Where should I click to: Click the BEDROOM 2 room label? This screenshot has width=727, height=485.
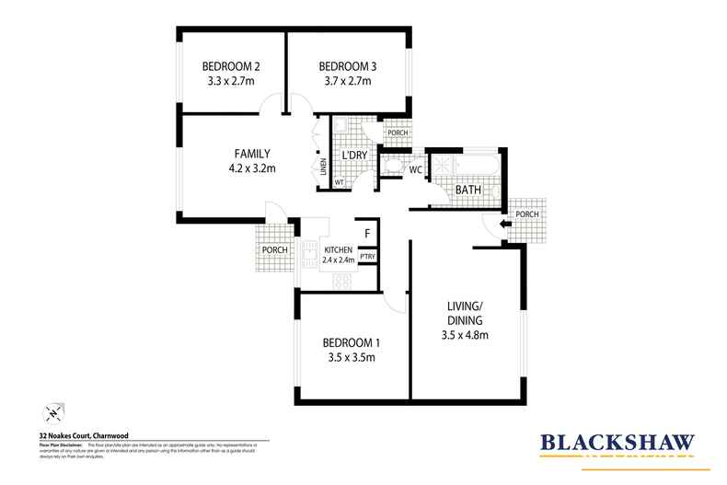[232, 66]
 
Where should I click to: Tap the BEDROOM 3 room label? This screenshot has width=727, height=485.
[347, 66]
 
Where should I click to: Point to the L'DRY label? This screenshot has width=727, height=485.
[354, 155]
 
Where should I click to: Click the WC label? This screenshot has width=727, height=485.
[415, 169]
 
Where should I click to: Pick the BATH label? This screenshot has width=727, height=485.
[468, 190]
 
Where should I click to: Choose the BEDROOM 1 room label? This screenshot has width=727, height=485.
[351, 341]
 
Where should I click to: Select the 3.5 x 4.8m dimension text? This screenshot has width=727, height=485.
[464, 334]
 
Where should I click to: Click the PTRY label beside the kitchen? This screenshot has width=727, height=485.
[366, 257]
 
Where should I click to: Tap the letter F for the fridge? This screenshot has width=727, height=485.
[366, 234]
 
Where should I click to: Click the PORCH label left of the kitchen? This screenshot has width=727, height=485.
[275, 249]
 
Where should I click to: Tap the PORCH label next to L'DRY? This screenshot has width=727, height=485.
[398, 133]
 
